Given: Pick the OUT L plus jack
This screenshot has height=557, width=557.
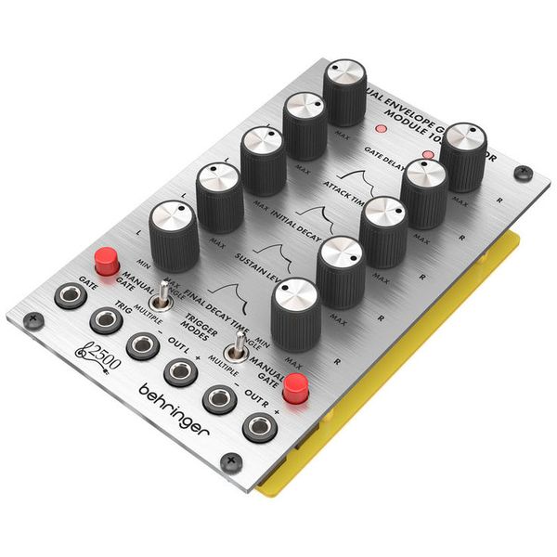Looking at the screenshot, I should [179, 372].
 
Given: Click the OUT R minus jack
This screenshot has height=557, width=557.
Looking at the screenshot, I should [219, 398].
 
